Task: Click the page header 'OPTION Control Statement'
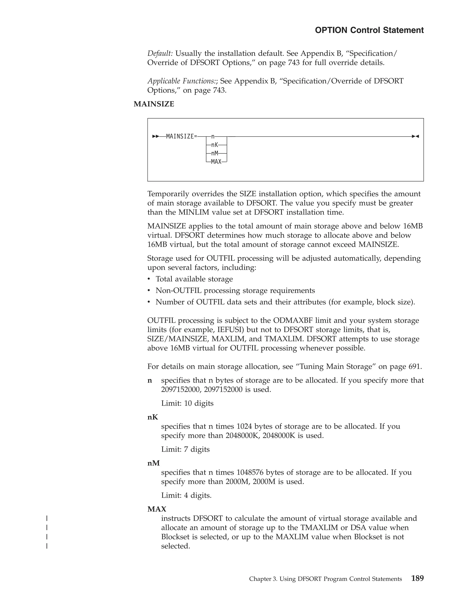[x=369, y=30]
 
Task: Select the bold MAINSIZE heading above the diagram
[x=154, y=104]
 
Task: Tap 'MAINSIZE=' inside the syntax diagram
[x=181, y=136]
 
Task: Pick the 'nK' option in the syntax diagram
[x=214, y=145]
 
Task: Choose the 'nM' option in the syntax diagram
[x=214, y=153]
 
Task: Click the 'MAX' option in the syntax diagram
[x=216, y=162]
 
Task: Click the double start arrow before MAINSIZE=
[x=156, y=136]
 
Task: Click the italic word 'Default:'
[x=160, y=54]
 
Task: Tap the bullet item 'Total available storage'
[x=194, y=279]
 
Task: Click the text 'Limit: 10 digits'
[x=187, y=404]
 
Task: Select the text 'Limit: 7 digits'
[x=185, y=450]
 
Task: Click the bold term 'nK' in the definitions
[x=153, y=417]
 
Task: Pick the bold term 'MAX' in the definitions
[x=157, y=509]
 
